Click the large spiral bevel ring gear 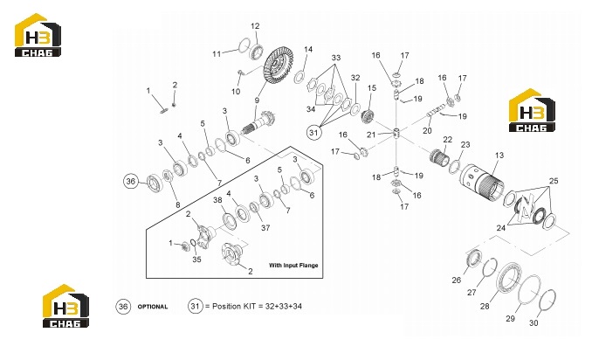pyautogui.click(x=279, y=69)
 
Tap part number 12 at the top pyautogui.click(x=255, y=26)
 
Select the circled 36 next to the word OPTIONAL pyautogui.click(x=123, y=307)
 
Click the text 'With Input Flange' pyautogui.click(x=293, y=265)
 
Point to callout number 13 pyautogui.click(x=499, y=156)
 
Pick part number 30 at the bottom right pyautogui.click(x=533, y=323)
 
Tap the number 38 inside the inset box pyautogui.click(x=217, y=200)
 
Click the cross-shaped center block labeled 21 pyautogui.click(x=396, y=133)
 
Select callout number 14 pyautogui.click(x=308, y=50)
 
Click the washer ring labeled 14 pyautogui.click(x=299, y=77)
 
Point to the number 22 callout pyautogui.click(x=447, y=140)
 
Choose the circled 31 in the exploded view pyautogui.click(x=313, y=133)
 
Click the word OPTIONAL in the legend pyautogui.click(x=153, y=307)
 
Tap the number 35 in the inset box pyautogui.click(x=196, y=260)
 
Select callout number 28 pyautogui.click(x=485, y=307)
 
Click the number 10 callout pyautogui.click(x=236, y=92)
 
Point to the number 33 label pyautogui.click(x=336, y=58)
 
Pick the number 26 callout pyautogui.click(x=457, y=280)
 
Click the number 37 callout pyautogui.click(x=265, y=228)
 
